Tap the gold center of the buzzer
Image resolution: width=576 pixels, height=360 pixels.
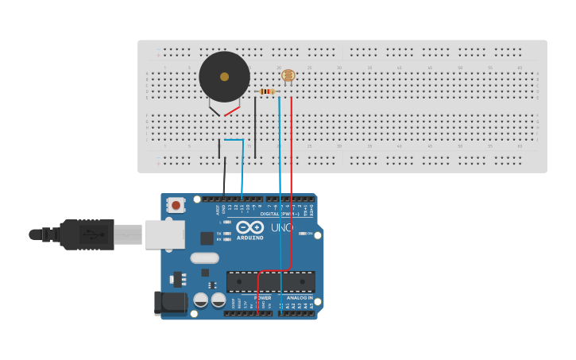(x=224, y=77)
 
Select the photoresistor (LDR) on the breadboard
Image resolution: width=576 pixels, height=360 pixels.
(x=288, y=75)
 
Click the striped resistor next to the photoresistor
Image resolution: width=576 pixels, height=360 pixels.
(x=267, y=91)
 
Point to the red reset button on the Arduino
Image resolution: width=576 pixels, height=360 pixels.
(x=176, y=205)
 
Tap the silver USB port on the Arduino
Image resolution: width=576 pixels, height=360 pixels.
(x=164, y=234)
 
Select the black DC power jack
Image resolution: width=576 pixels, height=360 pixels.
(x=169, y=303)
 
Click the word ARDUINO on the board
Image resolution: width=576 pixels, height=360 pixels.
(x=249, y=238)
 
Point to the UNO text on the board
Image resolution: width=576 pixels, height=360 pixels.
(x=282, y=228)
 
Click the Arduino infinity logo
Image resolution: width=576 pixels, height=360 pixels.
(x=249, y=227)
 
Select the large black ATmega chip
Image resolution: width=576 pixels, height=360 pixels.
(x=270, y=282)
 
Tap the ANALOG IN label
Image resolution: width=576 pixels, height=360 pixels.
(x=300, y=298)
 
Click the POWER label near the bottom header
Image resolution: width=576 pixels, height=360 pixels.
(x=262, y=298)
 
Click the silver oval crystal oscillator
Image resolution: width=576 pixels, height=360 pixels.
(x=204, y=257)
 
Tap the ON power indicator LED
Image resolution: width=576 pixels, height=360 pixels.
(x=301, y=233)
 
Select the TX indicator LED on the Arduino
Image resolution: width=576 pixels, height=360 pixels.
(x=227, y=233)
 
